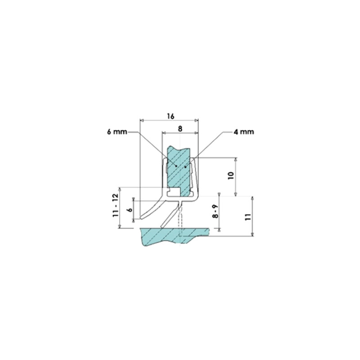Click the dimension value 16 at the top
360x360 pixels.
171,116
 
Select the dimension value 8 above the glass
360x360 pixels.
180,129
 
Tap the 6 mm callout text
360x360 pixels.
117,132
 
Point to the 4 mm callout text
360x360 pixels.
244,132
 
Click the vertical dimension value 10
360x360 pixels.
231,175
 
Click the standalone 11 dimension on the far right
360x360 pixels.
248,217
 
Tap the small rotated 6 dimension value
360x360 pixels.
130,210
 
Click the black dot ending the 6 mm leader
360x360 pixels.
176,166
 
